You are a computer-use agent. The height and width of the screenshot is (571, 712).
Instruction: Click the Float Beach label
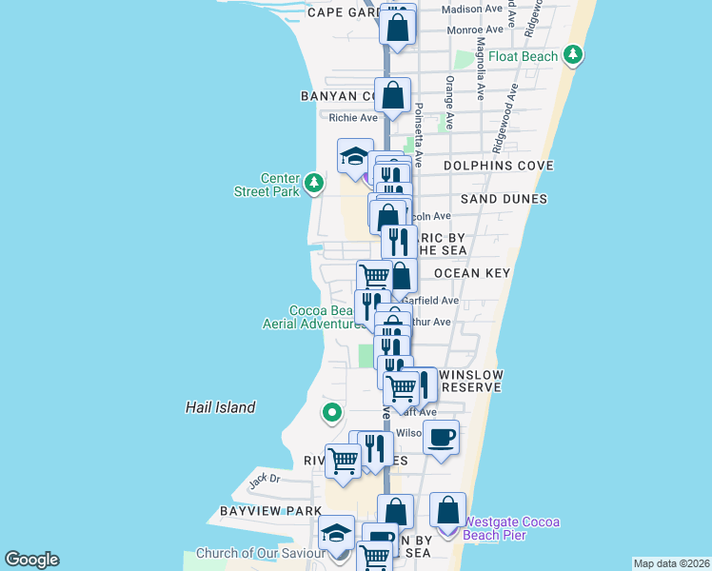pyautogui.click(x=524, y=57)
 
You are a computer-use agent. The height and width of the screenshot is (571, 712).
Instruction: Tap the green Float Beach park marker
pyautogui.click(x=573, y=55)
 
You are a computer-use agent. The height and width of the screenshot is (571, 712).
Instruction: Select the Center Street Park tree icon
pyautogui.click(x=315, y=182)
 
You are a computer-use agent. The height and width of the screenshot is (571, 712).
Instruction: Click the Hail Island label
pyautogui.click(x=220, y=407)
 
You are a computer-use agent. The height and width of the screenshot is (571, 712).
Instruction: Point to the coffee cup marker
pyautogui.click(x=441, y=438)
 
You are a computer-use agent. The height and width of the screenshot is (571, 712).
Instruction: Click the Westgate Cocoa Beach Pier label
pyautogui.click(x=511, y=528)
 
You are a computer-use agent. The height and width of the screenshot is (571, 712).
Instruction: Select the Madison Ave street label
pyautogui.click(x=473, y=9)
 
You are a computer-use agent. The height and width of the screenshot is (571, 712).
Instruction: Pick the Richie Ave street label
pyautogui.click(x=353, y=118)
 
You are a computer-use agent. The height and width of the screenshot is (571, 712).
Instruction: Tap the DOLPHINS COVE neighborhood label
pyautogui.click(x=499, y=166)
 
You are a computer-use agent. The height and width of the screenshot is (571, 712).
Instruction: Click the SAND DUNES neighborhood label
pyautogui.click(x=504, y=199)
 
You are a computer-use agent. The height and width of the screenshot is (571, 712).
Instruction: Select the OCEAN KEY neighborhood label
pyautogui.click(x=472, y=273)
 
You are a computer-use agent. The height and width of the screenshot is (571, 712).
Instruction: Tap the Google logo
pyautogui.click(x=31, y=560)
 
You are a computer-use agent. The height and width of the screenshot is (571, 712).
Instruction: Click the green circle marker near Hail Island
pyautogui.click(x=331, y=413)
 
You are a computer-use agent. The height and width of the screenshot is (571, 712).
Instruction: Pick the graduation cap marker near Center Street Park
pyautogui.click(x=355, y=156)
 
